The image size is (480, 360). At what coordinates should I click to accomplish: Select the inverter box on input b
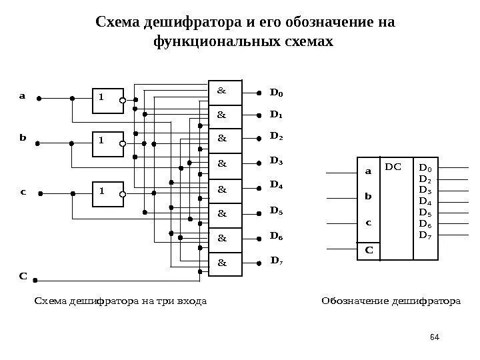coord(105,142)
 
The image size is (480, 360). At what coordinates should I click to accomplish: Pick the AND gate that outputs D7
coord(225,264)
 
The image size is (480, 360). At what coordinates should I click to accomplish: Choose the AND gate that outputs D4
coord(225,190)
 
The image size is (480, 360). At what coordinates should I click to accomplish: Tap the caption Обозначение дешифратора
coord(391,301)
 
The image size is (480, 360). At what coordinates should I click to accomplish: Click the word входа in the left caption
coord(191,301)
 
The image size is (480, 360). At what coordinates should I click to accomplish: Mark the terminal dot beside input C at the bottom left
coord(36,281)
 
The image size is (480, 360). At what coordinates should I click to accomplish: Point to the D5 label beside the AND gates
coord(276,211)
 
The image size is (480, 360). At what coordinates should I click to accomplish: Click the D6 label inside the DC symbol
coord(425,223)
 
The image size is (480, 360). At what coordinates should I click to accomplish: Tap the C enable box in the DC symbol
coord(367,251)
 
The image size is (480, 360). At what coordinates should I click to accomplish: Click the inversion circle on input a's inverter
coord(123,101)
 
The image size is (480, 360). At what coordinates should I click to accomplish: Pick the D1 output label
coord(276,115)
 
